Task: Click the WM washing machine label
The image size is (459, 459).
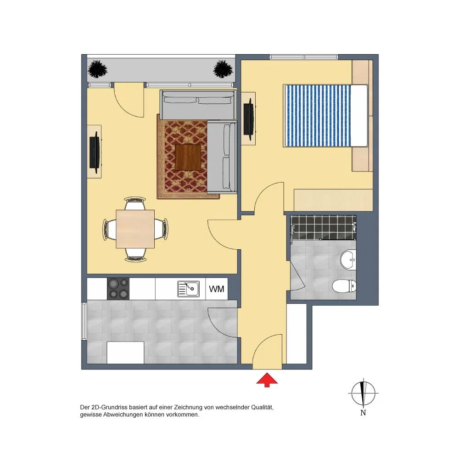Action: point(217,289)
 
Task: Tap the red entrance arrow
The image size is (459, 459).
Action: point(267,380)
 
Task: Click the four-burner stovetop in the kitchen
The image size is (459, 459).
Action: point(118,289)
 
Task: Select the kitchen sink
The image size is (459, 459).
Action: point(189,289)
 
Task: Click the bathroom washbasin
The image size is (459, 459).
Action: point(348,259)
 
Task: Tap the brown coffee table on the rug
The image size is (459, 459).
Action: point(188,157)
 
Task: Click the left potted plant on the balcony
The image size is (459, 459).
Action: point(97,69)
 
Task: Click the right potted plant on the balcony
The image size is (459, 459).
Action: point(223,69)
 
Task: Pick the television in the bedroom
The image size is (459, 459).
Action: point(249,119)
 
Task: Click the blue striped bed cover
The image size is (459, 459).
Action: point(318,116)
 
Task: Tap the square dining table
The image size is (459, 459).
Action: point(135,229)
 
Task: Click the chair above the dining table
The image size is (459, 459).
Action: point(135,203)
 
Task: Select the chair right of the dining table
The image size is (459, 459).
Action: point(161,229)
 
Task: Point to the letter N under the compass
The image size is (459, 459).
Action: point(363,413)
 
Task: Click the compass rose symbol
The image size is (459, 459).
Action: point(363,393)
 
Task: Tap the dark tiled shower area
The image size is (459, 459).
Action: point(323,228)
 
